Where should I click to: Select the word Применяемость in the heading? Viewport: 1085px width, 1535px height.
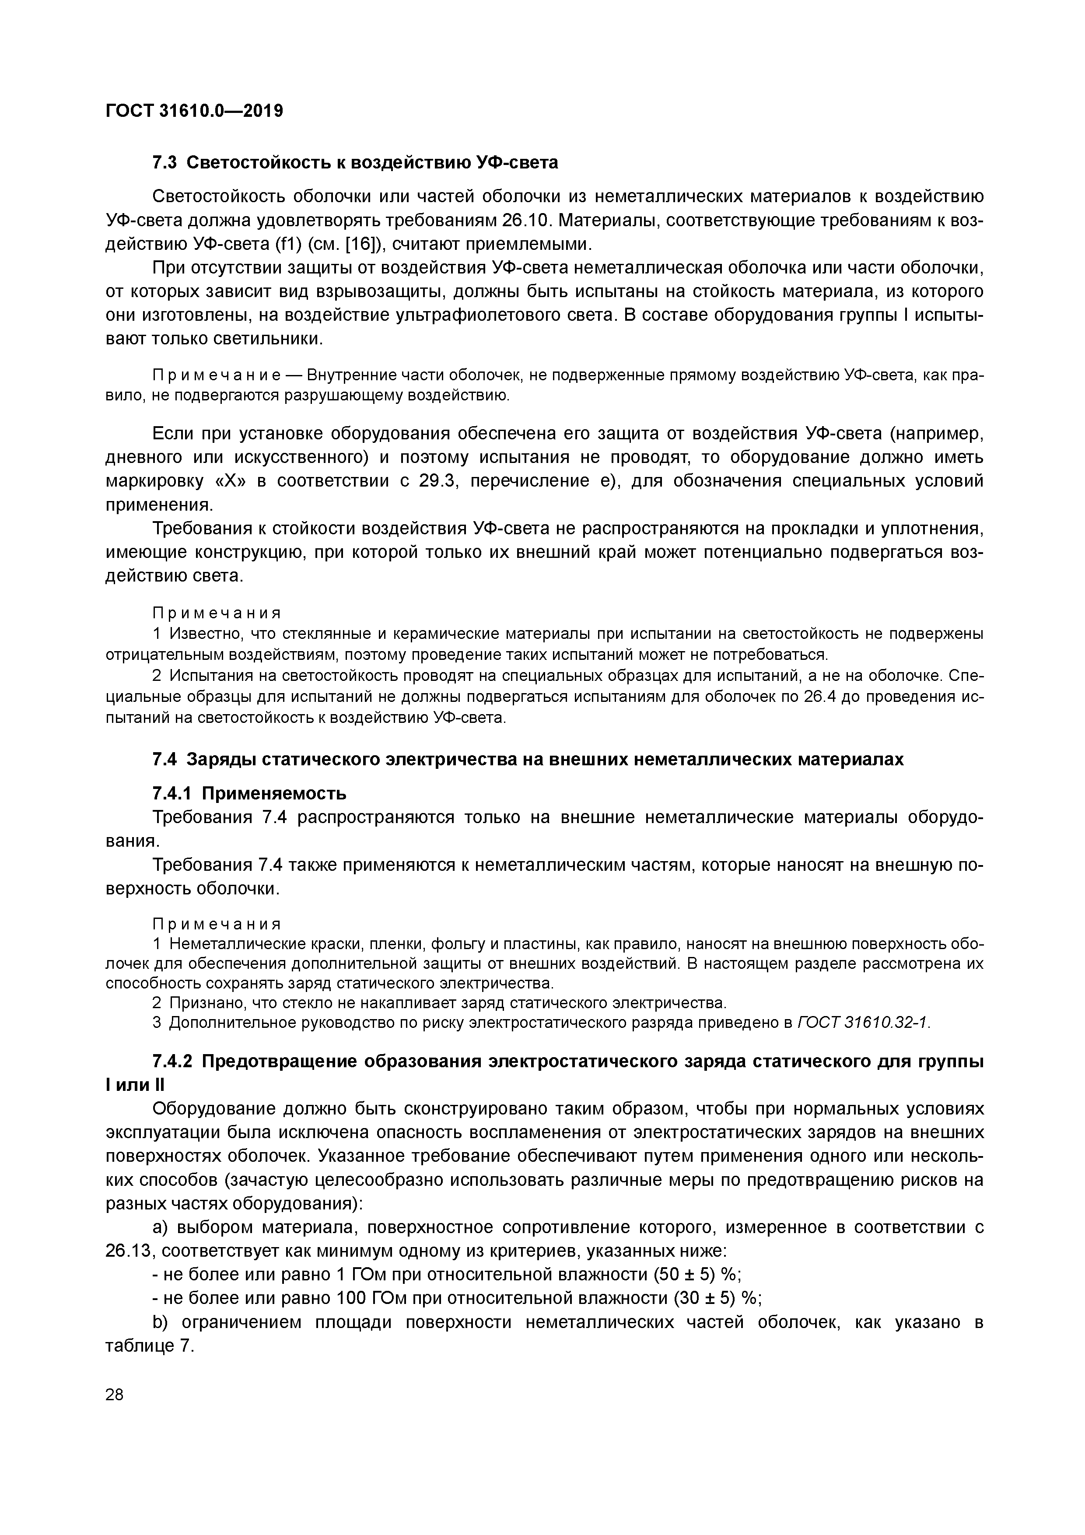point(274,794)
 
